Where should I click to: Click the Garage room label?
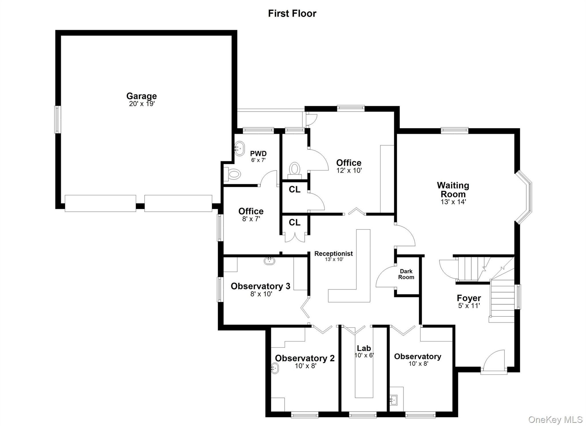[x=141, y=96]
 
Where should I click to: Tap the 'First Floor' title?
[x=292, y=13]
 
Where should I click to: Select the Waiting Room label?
[x=453, y=190]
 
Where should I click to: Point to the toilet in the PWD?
[x=232, y=174]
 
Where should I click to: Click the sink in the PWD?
[x=239, y=148]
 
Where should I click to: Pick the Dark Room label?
[x=406, y=274]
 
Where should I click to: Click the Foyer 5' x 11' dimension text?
[x=469, y=306]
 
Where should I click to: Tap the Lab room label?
[x=364, y=348]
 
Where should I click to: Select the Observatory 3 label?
[x=260, y=286]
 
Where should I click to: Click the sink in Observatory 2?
[x=274, y=368]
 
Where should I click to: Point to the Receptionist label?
[x=333, y=253]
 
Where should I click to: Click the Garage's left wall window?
[x=58, y=120]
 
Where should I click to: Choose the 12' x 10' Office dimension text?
[x=349, y=171]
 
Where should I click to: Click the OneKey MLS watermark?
[x=555, y=419]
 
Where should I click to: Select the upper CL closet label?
[x=294, y=189]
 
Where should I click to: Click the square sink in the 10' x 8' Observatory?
[x=394, y=399]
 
